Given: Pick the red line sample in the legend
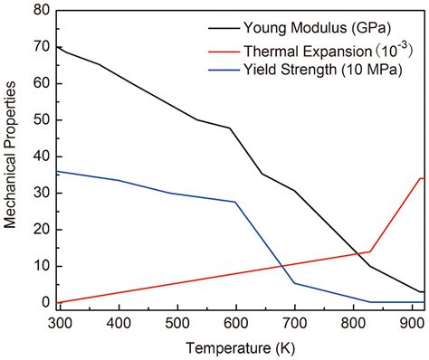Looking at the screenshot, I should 224,47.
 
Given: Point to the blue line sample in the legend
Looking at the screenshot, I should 224,69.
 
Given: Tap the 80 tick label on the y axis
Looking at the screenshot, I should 40,10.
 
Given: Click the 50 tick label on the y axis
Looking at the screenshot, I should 40,119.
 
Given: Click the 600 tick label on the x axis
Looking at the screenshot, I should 236,321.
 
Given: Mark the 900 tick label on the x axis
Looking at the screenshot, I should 412,321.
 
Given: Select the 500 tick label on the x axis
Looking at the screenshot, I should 177,321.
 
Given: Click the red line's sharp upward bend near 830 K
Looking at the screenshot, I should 370,251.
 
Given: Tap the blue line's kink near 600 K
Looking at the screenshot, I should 234,202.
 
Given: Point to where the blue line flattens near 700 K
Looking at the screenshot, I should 295,283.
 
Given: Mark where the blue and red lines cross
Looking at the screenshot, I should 282,266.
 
